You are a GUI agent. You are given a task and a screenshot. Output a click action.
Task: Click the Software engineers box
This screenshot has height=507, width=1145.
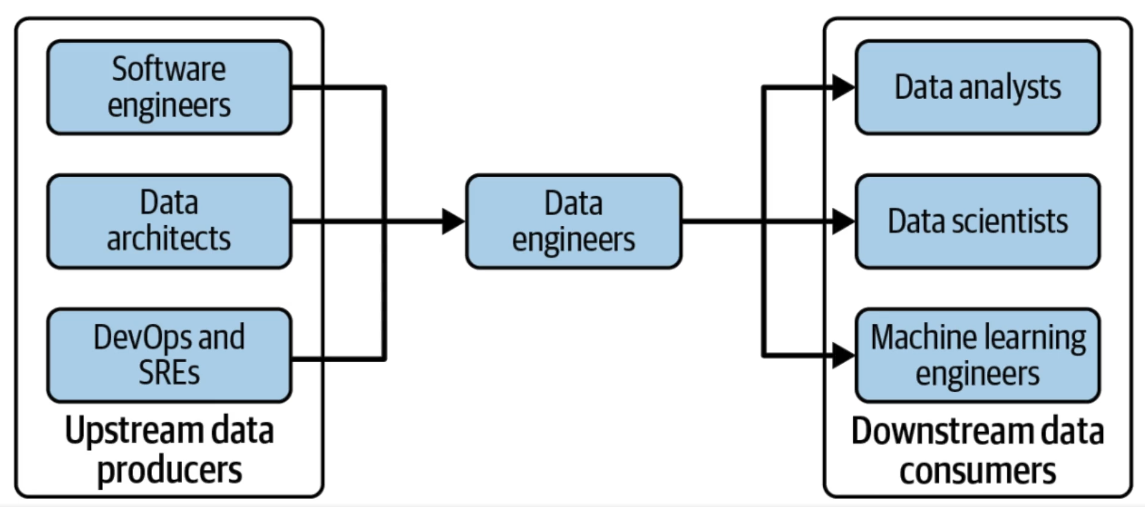[169, 87]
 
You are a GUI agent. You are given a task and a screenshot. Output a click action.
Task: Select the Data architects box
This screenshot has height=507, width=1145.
[169, 221]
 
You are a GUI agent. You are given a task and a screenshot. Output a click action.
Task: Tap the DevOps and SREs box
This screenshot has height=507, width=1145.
[169, 355]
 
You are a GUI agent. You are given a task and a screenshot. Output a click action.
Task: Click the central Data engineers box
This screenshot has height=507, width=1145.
[573, 221]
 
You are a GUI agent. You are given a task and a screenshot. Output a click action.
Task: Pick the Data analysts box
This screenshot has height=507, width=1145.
[977, 87]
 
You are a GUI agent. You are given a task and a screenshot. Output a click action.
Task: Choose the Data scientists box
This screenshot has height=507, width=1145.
[977, 221]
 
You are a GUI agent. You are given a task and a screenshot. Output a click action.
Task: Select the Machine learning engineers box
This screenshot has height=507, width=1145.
[977, 355]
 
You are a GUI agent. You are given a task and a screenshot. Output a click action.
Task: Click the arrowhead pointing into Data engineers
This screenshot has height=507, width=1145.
[453, 221]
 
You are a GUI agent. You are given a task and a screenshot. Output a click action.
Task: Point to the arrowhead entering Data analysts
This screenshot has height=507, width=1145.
[843, 88]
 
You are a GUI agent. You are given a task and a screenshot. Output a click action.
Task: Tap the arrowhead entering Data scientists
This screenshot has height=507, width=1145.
[843, 222]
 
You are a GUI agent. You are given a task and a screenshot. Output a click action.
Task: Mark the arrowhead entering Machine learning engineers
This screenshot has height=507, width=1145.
[843, 356]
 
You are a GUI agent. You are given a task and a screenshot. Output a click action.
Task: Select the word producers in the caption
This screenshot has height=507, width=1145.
[170, 470]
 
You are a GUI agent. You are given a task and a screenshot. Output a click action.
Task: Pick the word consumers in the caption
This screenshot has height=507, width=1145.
[977, 470]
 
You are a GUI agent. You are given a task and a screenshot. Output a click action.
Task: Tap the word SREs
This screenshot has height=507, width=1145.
[169, 372]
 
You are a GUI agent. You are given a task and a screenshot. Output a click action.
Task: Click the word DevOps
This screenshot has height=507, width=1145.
[141, 337]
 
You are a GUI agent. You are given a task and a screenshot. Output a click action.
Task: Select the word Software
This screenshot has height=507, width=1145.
[169, 69]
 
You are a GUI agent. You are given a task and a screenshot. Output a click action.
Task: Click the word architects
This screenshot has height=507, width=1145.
[169, 238]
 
